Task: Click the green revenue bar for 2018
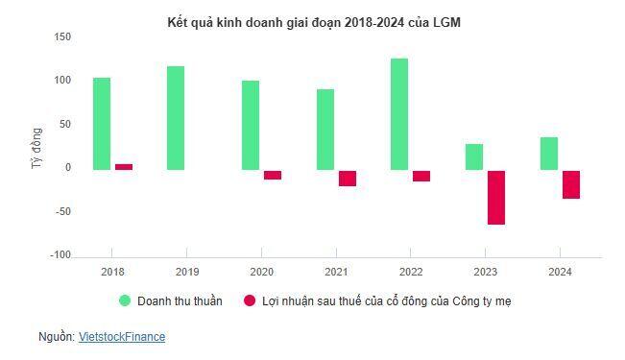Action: pos(101,124)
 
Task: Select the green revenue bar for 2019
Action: pos(176,118)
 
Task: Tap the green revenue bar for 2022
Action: pos(399,114)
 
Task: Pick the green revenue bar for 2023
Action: pos(474,157)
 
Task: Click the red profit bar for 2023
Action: pos(495,198)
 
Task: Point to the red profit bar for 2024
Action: pos(570,184)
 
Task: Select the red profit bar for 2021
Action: pos(347,178)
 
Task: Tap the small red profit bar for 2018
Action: pos(124,167)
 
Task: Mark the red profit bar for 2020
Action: pos(273,175)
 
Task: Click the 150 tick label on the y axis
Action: pos(63,36)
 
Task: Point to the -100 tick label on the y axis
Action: pos(61,255)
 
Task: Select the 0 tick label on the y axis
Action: pos(67,168)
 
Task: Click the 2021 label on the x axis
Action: pos(336,273)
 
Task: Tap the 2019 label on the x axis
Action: pos(186,273)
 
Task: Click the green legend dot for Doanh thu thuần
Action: pos(125,300)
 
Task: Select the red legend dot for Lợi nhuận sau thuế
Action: pos(250,300)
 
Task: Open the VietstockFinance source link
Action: pos(121,337)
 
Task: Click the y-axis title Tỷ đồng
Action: pos(36,149)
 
